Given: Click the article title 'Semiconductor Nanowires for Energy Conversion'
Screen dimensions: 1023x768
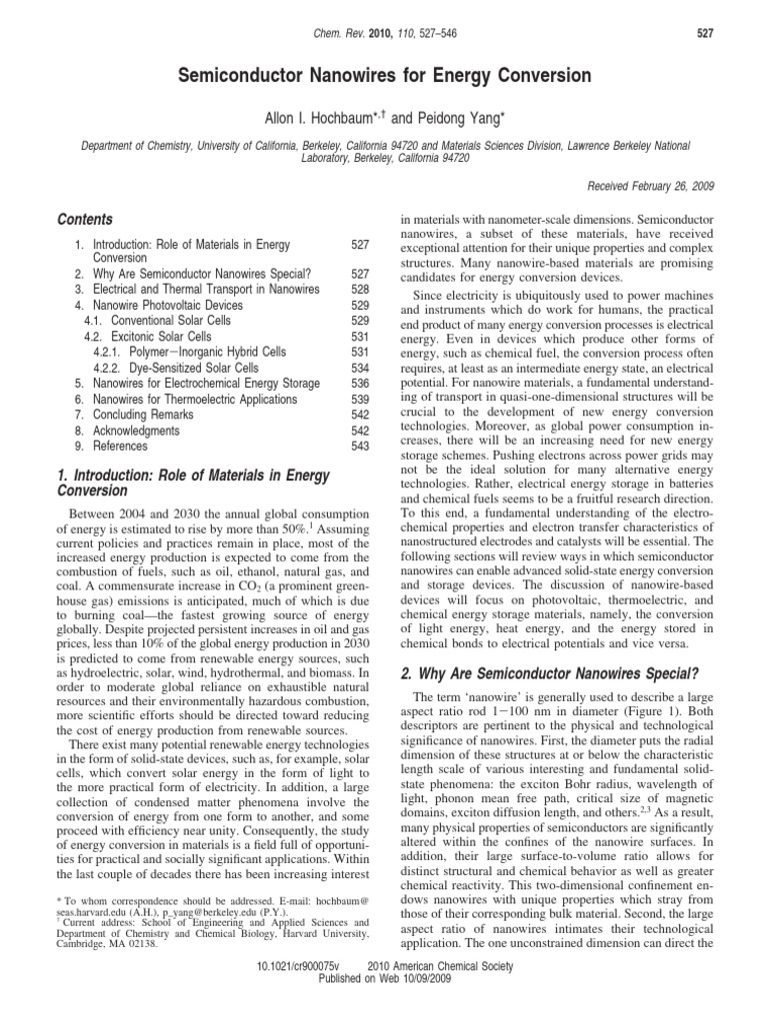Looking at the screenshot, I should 384,76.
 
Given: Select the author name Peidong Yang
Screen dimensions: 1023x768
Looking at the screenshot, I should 472,119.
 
